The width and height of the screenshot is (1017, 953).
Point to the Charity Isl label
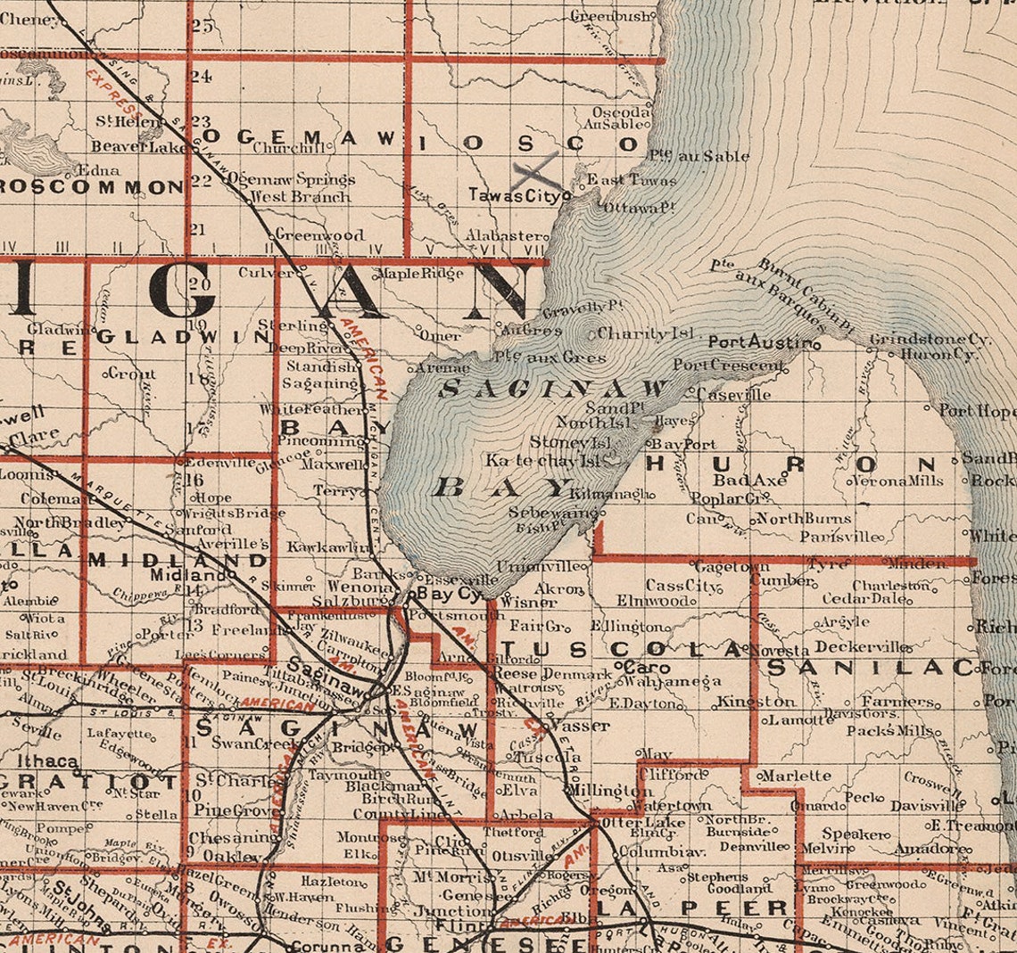[x=645, y=333]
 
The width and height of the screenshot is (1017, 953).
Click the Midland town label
[x=177, y=576]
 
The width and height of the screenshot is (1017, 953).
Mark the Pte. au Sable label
[x=699, y=156]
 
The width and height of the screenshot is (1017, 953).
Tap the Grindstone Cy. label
[x=930, y=340]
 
